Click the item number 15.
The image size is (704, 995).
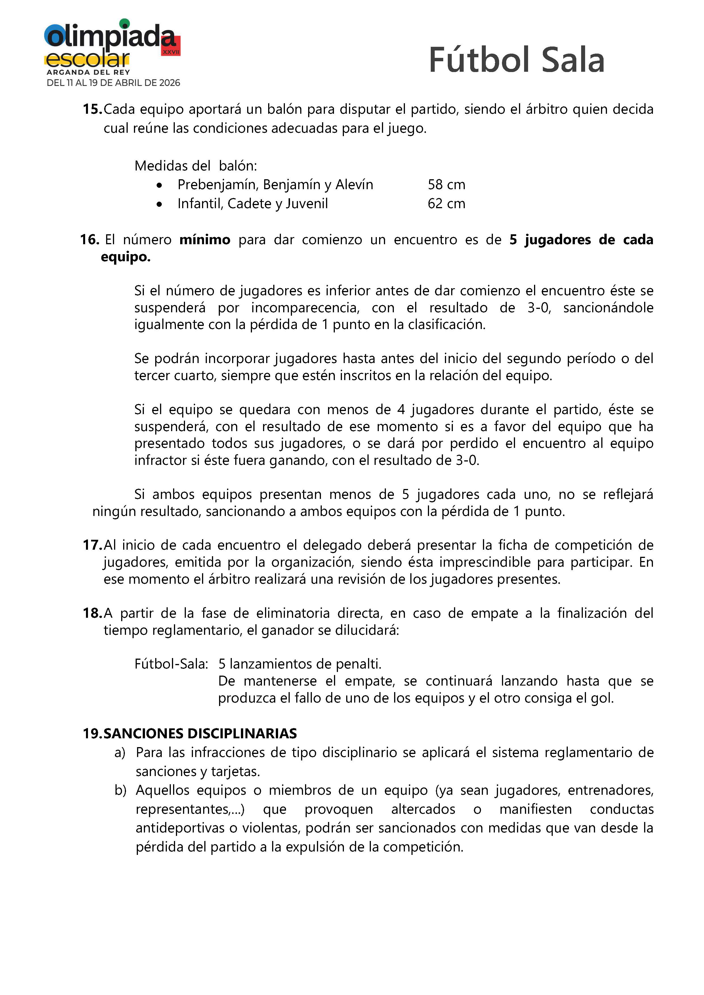pyautogui.click(x=92, y=109)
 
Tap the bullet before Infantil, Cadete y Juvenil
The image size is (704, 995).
pyautogui.click(x=160, y=204)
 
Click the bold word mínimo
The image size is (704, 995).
pyautogui.click(x=205, y=240)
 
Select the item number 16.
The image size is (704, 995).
pyautogui.click(x=90, y=240)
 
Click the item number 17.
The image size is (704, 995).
pyautogui.click(x=92, y=545)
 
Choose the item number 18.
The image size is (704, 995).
pyautogui.click(x=92, y=613)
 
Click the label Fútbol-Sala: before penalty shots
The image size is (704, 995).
pyautogui.click(x=171, y=664)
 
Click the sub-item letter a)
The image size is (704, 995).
pyautogui.click(x=120, y=753)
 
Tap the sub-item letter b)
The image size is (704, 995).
pyautogui.click(x=120, y=790)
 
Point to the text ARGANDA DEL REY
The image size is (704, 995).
pyautogui.click(x=89, y=72)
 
